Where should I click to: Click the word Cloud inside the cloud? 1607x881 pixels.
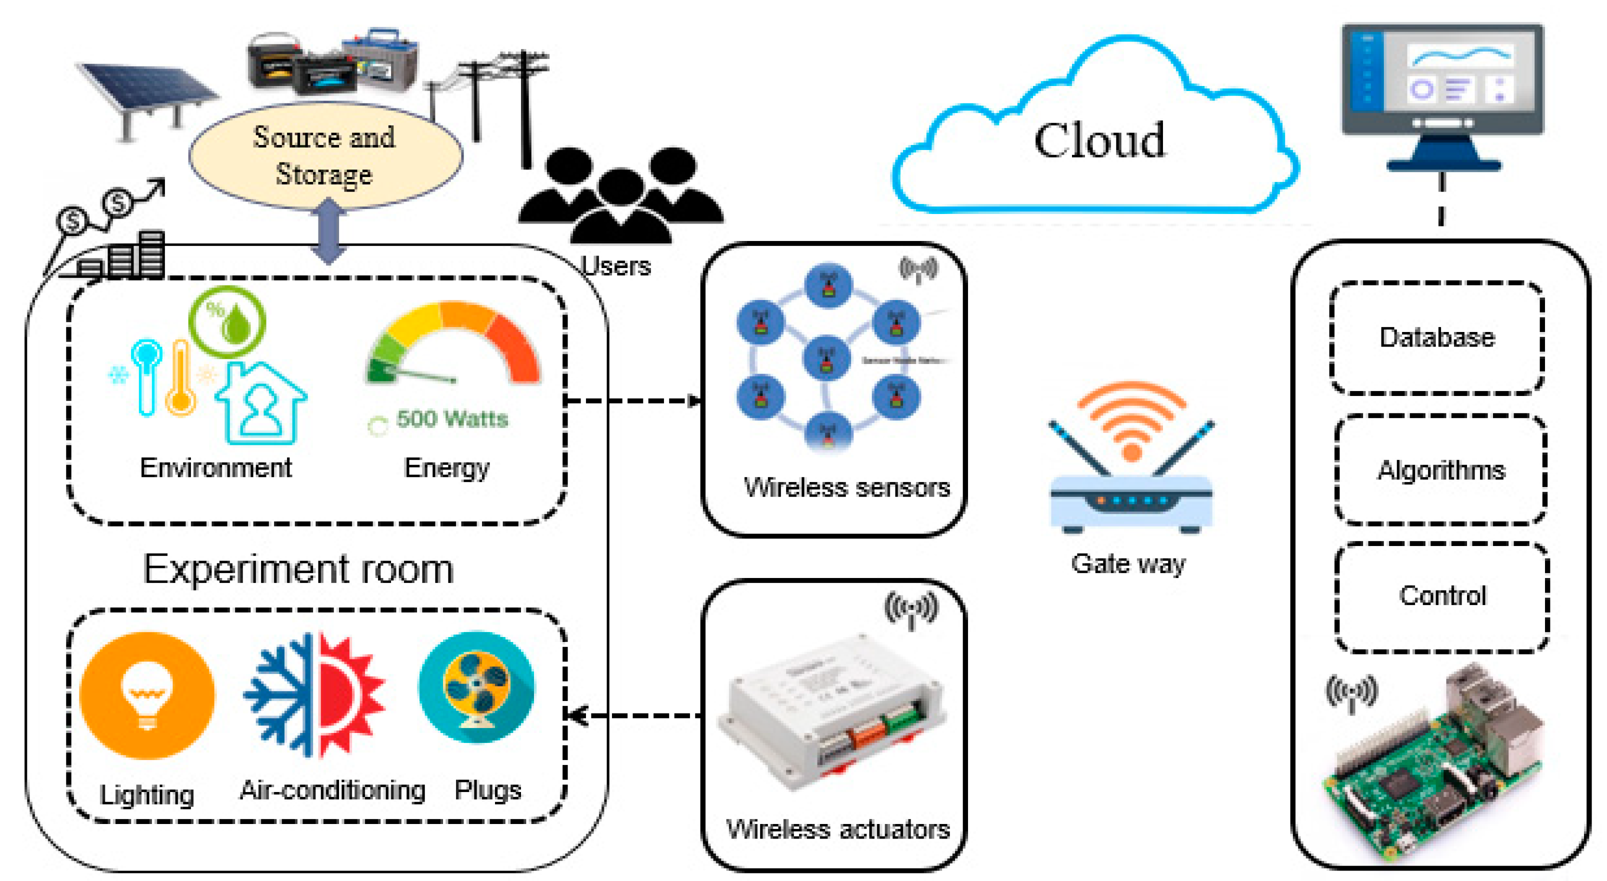[x=1099, y=140]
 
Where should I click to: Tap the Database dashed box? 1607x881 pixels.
[x=1436, y=337]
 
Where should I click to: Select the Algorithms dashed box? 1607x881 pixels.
[x=1440, y=470]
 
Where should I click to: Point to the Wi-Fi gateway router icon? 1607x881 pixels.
[x=1131, y=461]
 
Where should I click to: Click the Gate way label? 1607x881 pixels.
[x=1128, y=563]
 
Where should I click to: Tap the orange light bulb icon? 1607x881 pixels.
[x=147, y=695]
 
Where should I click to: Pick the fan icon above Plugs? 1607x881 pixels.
[x=476, y=687]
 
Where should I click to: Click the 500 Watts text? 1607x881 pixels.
[x=451, y=418]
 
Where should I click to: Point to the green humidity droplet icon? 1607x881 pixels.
[x=227, y=321]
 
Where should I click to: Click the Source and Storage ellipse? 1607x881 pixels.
[x=325, y=156]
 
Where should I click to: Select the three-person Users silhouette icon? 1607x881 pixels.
[x=620, y=193]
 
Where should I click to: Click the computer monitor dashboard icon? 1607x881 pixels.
[x=1443, y=93]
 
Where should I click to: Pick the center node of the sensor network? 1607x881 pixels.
[x=826, y=357]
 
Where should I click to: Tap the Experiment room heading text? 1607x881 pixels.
[x=298, y=569]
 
